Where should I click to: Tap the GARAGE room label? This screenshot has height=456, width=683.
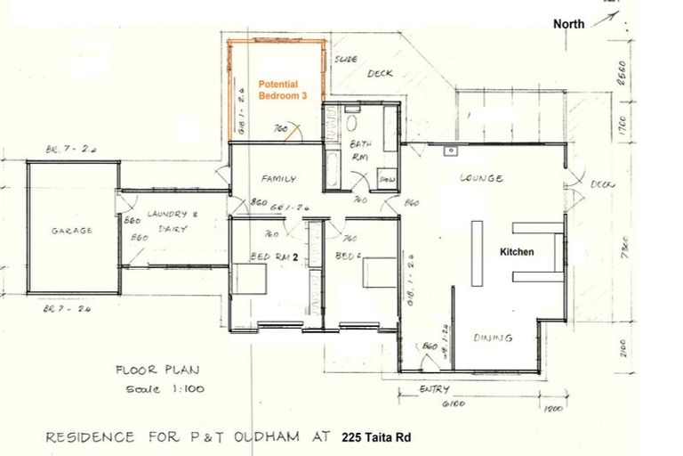71,230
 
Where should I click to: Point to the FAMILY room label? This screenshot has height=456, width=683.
277,178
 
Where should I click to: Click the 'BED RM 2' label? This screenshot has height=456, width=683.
273,256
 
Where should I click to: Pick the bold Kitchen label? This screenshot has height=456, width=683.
517,252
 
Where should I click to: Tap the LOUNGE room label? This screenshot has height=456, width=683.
481,178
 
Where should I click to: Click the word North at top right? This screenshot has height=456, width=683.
569,24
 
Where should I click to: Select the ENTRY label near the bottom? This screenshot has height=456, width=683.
436,389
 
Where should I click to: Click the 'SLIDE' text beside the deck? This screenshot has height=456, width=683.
345,61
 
